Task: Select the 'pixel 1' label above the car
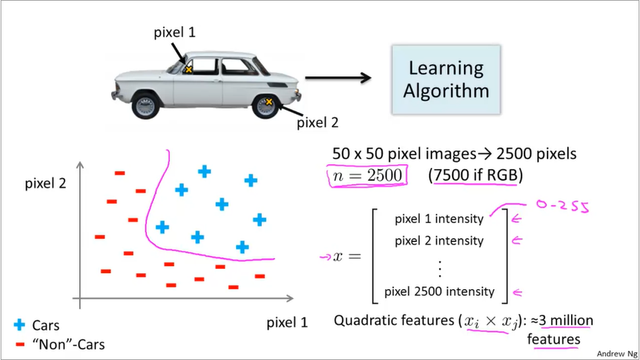pyautogui.click(x=175, y=32)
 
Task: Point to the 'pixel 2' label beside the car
pyautogui.click(x=318, y=123)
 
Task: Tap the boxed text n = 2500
pyautogui.click(x=366, y=177)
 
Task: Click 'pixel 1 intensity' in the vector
pyautogui.click(x=439, y=218)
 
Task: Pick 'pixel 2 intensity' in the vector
pyautogui.click(x=439, y=241)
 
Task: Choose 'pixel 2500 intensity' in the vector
pyautogui.click(x=439, y=292)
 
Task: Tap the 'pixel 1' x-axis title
pyautogui.click(x=287, y=322)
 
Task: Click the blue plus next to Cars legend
pyautogui.click(x=19, y=326)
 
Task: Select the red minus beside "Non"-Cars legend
pyautogui.click(x=19, y=344)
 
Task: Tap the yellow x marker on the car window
pyautogui.click(x=189, y=69)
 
